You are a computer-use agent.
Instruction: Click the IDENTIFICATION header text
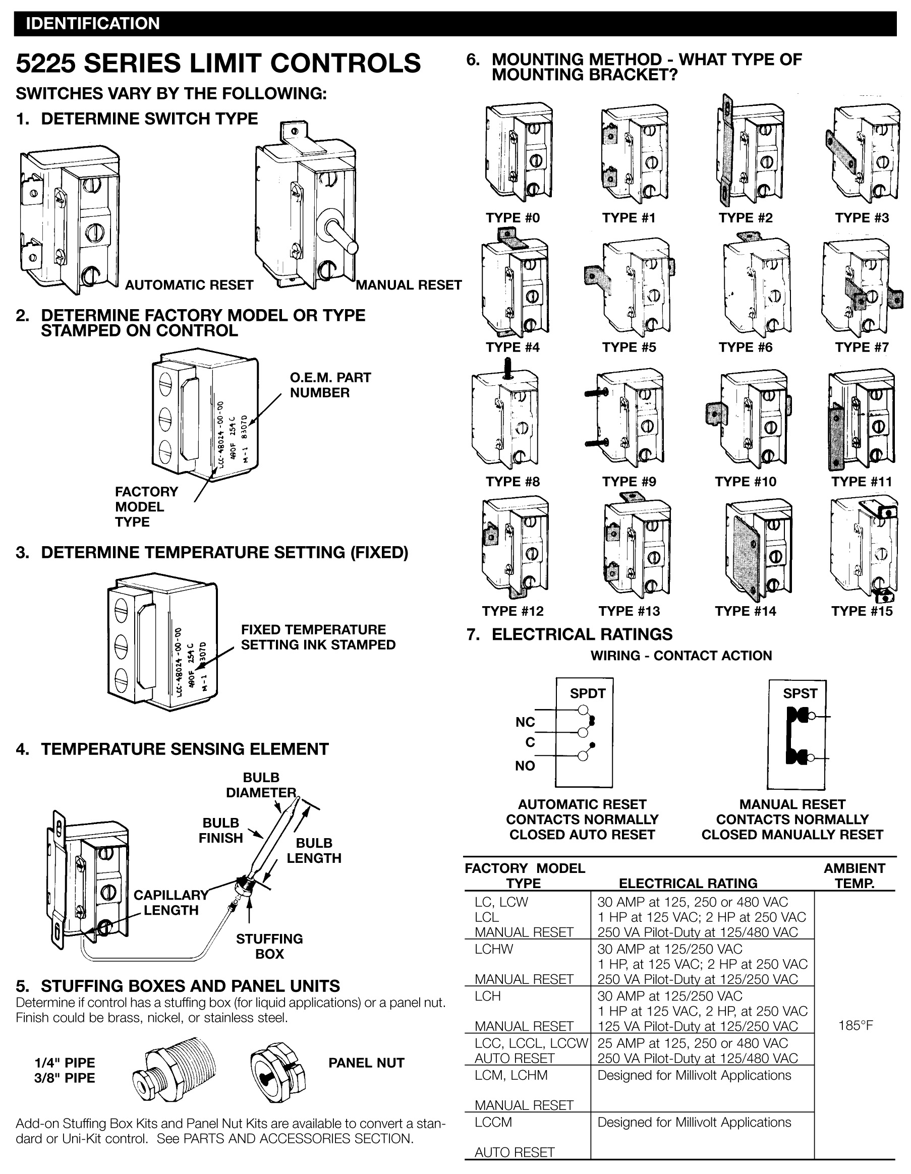[x=92, y=24]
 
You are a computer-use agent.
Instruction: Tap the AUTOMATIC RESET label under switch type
[x=189, y=285]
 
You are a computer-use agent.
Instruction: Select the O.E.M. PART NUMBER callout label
[x=330, y=385]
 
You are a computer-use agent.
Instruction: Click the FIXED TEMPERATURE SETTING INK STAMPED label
[x=318, y=637]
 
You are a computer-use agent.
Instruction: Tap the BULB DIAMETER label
[x=261, y=785]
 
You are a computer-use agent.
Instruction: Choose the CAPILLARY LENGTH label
[x=170, y=903]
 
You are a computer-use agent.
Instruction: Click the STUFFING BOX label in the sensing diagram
[x=269, y=946]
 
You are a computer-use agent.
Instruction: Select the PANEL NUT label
[x=366, y=1063]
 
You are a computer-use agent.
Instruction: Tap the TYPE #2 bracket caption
[x=746, y=218]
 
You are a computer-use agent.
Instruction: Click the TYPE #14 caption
[x=746, y=611]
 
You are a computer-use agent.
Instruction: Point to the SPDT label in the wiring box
[x=587, y=693]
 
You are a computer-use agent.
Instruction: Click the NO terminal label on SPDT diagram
[x=525, y=766]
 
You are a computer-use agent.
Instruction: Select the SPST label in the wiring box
[x=800, y=693]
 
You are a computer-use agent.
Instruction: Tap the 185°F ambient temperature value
[x=855, y=1025]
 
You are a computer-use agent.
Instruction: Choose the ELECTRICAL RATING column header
[x=688, y=883]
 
